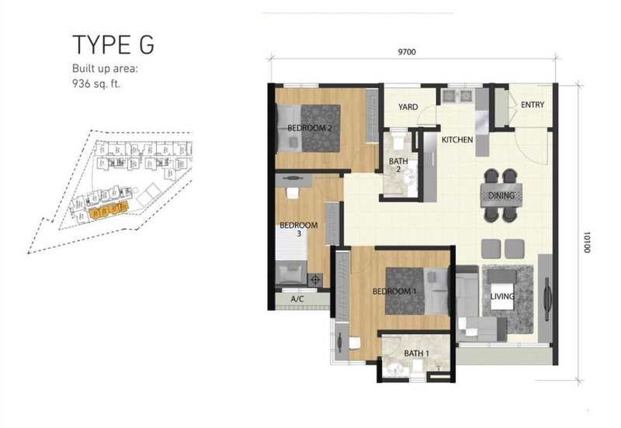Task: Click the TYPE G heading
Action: pos(113,44)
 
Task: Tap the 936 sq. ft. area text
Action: pos(95,84)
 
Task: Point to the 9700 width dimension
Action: pos(407,52)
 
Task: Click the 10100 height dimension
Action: pos(587,242)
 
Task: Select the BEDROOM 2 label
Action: pos(309,128)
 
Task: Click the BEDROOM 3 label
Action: pos(299,229)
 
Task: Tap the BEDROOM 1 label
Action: pos(394,292)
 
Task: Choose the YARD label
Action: pos(408,107)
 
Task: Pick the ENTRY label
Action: pos(533,105)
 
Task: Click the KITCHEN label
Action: pos(457,140)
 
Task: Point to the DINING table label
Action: pos(501,195)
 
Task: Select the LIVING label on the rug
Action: pos(502,296)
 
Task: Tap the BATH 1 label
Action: pos(416,354)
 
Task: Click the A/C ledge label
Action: pos(297,299)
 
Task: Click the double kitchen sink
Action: pos(457,96)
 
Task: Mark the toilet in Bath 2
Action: pos(397,141)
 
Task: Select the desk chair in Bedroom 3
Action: pos(293,193)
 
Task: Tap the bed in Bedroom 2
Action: pos(308,128)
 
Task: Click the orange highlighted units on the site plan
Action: pos(109,209)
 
